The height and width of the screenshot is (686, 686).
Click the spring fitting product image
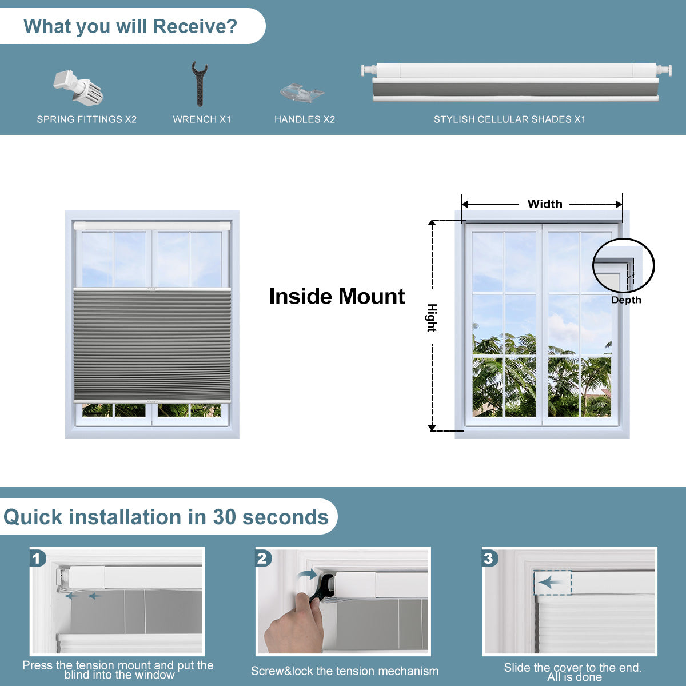pos(78,87)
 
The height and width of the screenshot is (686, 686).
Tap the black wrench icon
pos(199,84)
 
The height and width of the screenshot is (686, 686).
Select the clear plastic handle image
pos(302,92)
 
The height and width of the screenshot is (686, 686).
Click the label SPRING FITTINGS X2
pos(87,119)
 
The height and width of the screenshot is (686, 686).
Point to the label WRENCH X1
pos(202,119)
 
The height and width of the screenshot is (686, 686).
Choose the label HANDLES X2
pos(304,119)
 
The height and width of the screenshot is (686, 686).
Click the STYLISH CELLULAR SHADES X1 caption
pos(509,119)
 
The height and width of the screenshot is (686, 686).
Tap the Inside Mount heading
pos(337,296)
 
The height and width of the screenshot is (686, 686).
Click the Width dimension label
pos(544,204)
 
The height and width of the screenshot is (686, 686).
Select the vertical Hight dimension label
pos(432,318)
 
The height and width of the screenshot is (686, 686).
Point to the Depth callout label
pos(626,300)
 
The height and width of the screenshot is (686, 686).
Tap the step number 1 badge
pos(38,558)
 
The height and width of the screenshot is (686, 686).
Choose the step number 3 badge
pos(489,558)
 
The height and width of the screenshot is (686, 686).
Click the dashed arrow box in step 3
pos(552,583)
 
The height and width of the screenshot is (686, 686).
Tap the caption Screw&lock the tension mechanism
pos(345,671)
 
